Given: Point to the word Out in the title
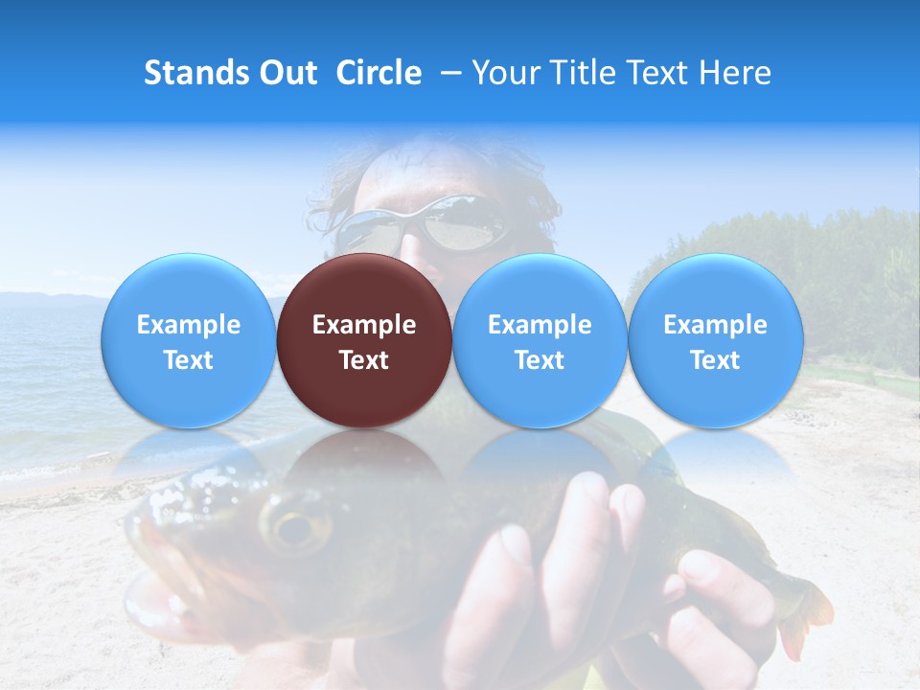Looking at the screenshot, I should click(287, 73).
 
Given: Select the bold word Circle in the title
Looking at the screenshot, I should click(379, 73).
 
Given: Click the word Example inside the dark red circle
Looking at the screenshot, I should click(364, 325).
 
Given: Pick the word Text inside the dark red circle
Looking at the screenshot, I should click(364, 360).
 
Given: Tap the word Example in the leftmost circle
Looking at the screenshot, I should click(189, 325).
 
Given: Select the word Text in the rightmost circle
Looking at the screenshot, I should click(715, 360).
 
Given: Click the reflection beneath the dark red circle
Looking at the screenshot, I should click(364, 460).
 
